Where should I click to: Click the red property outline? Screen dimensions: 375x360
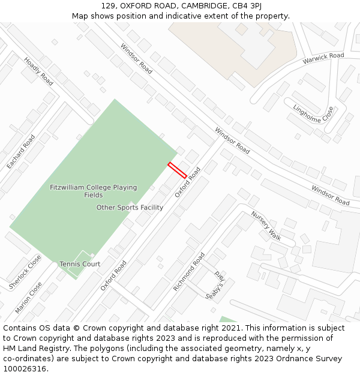click(177, 170)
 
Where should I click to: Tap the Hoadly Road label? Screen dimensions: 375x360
click(38, 71)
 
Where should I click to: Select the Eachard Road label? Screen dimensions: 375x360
click(20, 151)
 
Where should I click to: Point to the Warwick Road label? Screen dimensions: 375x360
click(323, 58)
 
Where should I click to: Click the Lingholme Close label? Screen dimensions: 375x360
click(313, 114)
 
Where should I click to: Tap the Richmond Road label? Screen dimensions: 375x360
click(189, 272)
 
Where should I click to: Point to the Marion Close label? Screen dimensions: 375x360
click(28, 298)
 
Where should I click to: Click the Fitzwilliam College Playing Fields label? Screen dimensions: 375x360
click(93, 191)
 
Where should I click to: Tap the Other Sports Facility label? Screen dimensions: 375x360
click(130, 208)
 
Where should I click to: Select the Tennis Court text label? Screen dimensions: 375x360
click(80, 264)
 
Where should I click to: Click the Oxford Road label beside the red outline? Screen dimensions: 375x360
click(188, 182)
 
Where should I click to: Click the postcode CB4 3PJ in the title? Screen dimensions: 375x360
click(247, 5)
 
